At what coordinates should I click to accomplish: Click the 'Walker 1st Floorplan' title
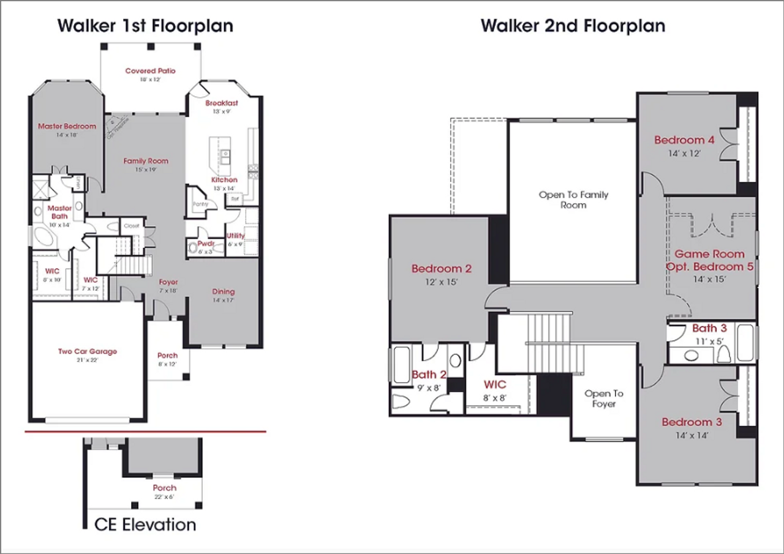coord(145,26)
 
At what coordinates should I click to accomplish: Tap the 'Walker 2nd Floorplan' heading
coord(573,26)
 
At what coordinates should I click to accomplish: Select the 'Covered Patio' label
coord(150,71)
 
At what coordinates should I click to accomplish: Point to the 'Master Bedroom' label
coord(67,126)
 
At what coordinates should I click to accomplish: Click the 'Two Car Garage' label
coord(87,351)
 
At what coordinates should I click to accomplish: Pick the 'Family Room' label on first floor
coord(146,161)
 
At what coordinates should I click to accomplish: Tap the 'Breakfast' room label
coord(222,103)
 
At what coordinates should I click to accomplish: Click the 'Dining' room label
coord(224,291)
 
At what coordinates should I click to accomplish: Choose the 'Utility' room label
coord(236,236)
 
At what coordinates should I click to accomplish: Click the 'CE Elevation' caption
coord(145,525)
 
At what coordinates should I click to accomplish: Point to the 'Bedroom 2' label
coord(441,269)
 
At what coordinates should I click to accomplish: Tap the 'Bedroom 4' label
coord(684,140)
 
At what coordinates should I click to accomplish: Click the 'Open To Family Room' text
coord(573,200)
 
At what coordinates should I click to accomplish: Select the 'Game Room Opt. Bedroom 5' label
coord(709,260)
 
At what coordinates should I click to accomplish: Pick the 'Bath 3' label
coord(709,328)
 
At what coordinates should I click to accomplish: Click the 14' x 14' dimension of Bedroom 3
coord(692,435)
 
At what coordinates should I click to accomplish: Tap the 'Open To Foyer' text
coord(603,399)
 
